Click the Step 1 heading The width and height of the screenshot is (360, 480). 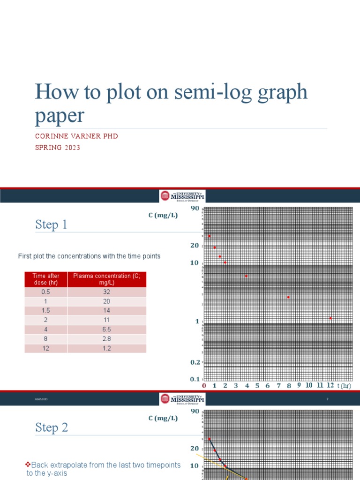point(51,225)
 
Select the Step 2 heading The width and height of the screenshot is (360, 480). point(52,427)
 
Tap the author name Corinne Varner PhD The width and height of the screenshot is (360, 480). point(76,136)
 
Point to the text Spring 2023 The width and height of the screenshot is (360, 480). point(58,148)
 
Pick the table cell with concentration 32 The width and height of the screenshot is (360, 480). point(107,292)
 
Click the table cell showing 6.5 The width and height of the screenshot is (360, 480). point(107,330)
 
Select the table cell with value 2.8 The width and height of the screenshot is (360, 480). point(107,339)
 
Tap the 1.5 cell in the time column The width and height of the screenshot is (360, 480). point(46,310)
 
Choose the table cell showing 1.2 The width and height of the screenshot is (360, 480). point(107,348)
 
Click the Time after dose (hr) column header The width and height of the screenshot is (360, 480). point(46,279)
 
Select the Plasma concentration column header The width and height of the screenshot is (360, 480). point(107,279)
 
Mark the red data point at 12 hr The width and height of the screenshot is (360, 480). point(330,318)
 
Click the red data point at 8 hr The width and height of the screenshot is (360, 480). point(288,297)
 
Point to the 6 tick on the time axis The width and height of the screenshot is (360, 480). point(268,386)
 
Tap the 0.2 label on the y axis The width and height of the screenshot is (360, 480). point(195,362)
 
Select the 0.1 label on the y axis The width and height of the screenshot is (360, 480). point(195,379)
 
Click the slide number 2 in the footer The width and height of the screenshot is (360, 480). point(328,399)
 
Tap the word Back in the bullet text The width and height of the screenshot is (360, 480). point(40,465)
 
